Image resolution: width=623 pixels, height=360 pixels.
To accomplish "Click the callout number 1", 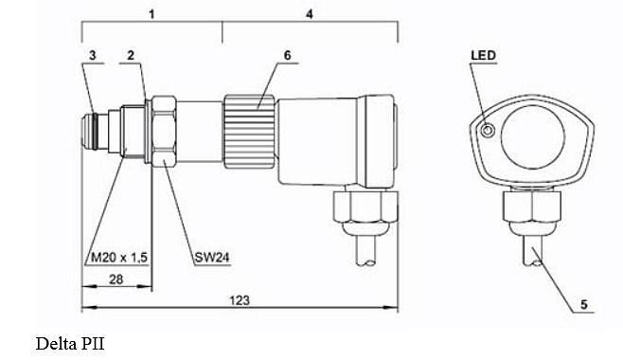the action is (x=151, y=14).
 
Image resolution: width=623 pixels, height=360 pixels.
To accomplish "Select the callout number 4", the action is (x=310, y=14).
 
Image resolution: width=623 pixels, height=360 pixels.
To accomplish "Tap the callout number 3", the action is (x=93, y=55).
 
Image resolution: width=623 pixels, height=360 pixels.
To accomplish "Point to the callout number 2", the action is (x=131, y=55).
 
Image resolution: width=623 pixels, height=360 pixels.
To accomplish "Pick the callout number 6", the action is (x=287, y=55).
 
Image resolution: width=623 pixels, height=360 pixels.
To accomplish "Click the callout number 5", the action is (x=583, y=304).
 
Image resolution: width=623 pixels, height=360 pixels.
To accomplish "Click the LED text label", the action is (x=484, y=55).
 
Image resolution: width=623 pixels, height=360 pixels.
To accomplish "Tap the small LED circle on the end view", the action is (x=488, y=130).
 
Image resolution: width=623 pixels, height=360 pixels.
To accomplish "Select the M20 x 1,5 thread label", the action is (x=119, y=258).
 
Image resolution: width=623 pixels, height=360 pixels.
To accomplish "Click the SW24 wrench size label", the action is (x=212, y=258).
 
